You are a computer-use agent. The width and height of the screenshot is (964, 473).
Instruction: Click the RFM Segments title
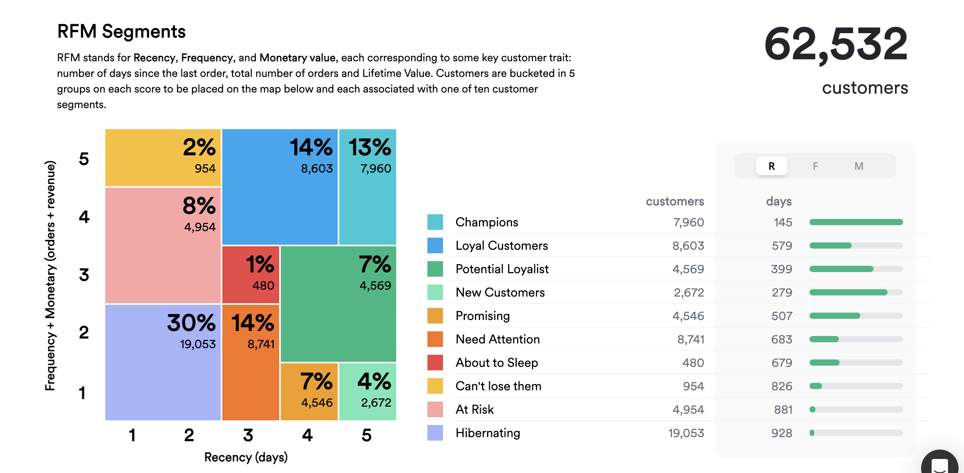click(121, 32)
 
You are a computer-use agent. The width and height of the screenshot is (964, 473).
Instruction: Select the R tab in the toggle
click(771, 166)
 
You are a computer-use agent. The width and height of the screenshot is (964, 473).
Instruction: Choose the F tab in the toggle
click(815, 166)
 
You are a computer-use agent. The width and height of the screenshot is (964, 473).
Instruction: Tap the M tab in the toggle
click(859, 166)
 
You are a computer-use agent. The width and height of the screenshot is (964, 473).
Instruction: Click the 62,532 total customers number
click(836, 44)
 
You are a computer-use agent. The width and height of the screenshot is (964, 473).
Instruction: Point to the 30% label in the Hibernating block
click(191, 323)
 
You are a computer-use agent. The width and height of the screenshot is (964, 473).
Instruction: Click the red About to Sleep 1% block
click(250, 275)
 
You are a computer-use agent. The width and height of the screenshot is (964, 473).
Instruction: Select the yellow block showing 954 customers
click(163, 158)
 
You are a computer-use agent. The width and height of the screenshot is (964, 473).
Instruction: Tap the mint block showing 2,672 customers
click(368, 391)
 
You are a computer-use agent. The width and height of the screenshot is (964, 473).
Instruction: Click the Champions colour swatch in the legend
click(435, 222)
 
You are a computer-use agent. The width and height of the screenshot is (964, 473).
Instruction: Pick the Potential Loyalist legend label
click(502, 269)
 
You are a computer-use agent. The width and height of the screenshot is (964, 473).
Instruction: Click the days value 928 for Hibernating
click(781, 433)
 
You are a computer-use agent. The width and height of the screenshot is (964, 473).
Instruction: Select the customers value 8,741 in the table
click(690, 339)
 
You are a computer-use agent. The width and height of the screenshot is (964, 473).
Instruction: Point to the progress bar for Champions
click(856, 222)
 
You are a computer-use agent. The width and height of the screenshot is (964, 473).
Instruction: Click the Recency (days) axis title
click(246, 457)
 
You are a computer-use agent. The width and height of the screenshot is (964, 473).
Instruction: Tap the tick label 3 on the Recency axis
click(248, 435)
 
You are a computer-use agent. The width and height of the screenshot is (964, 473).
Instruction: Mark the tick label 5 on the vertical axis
click(84, 159)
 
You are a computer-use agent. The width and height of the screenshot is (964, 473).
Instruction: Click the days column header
click(778, 201)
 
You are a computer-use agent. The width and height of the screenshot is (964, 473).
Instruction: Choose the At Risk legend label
click(475, 409)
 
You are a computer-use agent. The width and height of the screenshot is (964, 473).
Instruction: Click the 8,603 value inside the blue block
click(317, 169)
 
